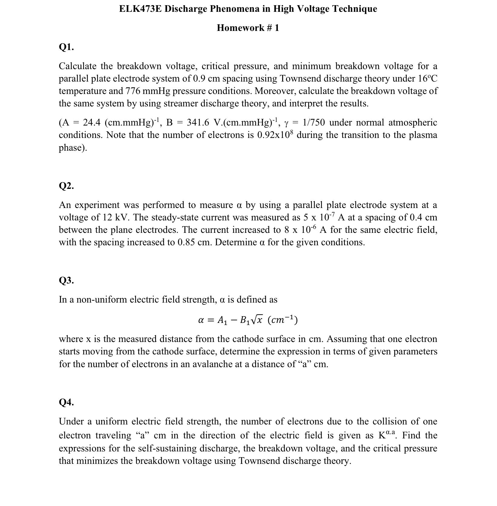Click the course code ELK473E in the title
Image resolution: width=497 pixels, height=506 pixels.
140,9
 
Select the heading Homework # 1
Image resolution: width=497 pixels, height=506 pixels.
248,28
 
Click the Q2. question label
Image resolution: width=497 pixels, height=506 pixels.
66,186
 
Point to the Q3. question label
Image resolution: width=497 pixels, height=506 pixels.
66,280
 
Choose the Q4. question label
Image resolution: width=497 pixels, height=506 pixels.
66,402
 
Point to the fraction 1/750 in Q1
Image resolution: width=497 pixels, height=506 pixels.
313,122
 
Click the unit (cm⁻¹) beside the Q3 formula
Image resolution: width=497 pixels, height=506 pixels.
283,320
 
